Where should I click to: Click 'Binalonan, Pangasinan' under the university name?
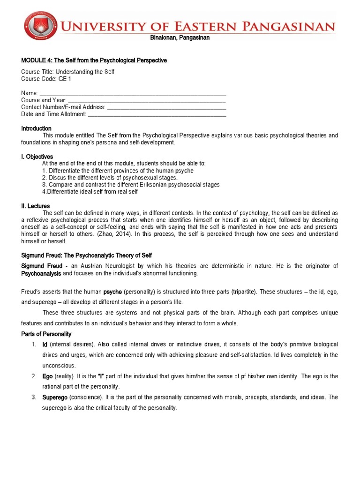[x=180, y=38]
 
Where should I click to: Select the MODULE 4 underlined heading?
[x=94, y=60]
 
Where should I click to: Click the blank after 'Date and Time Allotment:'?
[x=157, y=114]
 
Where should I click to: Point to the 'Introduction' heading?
[x=36, y=128]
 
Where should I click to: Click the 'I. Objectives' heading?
[x=37, y=157]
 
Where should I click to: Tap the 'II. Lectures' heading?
[x=35, y=206]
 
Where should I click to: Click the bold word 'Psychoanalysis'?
[x=41, y=273]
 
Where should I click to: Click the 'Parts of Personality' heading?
[x=46, y=334]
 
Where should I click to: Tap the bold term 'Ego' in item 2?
[x=47, y=376]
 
